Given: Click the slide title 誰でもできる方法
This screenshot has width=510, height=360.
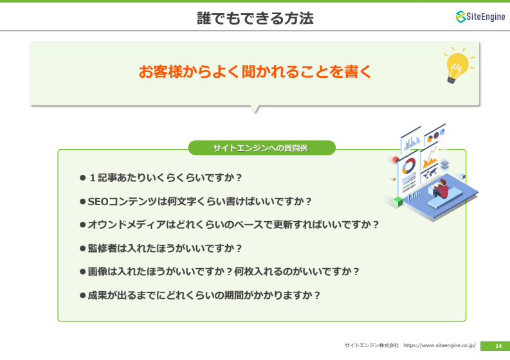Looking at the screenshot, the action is click(x=255, y=18).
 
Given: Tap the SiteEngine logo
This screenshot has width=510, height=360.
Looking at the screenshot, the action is click(x=480, y=17).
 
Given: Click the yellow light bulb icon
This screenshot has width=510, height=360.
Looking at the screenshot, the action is click(x=459, y=66).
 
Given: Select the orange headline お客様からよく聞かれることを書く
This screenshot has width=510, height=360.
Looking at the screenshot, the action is click(x=255, y=71).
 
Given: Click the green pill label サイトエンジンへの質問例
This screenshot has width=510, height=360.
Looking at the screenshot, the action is click(x=262, y=148).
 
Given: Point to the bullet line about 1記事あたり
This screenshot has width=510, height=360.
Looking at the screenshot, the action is click(x=161, y=178).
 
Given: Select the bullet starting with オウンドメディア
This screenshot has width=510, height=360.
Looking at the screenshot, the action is click(x=230, y=225).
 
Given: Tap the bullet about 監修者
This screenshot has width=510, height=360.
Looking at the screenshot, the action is click(x=161, y=248).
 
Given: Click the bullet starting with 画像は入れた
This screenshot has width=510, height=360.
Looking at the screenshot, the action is click(x=219, y=271).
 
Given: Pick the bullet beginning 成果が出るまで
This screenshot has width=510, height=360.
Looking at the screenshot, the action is click(x=200, y=295).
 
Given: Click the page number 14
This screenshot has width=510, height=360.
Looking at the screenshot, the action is click(x=498, y=346).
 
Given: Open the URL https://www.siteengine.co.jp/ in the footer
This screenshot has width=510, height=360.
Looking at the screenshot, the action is click(x=439, y=345).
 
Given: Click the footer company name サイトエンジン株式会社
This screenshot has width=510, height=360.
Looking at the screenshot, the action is click(x=372, y=345).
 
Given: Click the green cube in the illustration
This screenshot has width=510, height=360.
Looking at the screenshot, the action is click(x=398, y=201).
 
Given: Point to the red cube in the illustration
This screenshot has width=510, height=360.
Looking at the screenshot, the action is click(x=396, y=159).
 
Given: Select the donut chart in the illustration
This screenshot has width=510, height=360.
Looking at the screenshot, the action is click(x=409, y=166).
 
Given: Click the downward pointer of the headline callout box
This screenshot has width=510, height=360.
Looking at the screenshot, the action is click(x=255, y=109).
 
